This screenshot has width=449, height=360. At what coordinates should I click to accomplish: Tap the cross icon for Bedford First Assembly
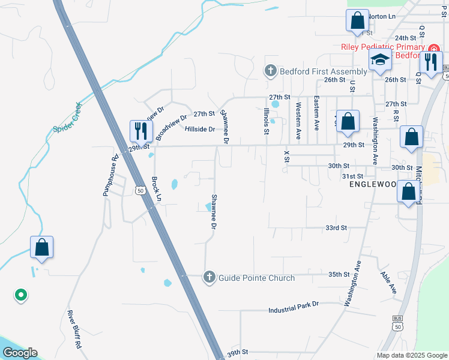[x=270, y=71]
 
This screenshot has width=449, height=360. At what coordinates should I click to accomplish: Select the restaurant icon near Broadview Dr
[x=142, y=130]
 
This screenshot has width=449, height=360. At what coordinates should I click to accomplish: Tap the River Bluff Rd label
[x=74, y=329]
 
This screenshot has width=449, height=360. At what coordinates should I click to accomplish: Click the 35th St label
[x=339, y=274]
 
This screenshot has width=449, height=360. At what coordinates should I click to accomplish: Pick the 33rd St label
[x=336, y=228]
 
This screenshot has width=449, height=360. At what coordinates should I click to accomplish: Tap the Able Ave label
[x=388, y=282]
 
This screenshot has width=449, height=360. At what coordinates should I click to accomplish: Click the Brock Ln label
[x=157, y=188]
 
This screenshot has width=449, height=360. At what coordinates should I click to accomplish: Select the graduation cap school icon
[x=380, y=60]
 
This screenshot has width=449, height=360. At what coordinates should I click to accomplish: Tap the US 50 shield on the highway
[x=140, y=191]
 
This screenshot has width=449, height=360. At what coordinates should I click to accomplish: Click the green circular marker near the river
[x=20, y=295]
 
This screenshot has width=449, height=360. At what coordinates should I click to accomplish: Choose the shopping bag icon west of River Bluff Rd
[x=42, y=247]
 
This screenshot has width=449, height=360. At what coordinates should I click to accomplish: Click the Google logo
[x=20, y=353]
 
